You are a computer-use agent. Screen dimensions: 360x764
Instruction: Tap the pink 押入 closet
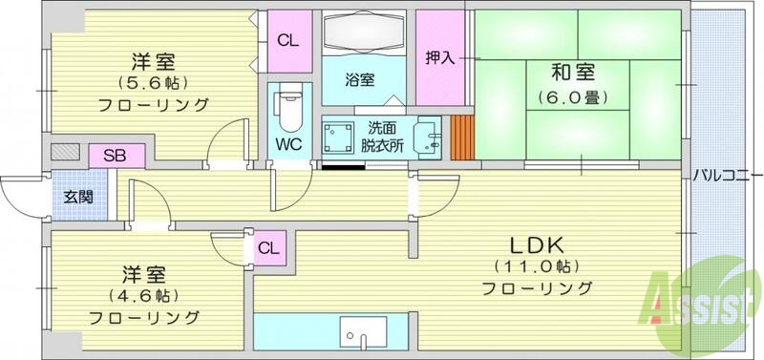click(440, 56)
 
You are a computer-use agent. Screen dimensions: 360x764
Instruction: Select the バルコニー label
click(727, 178)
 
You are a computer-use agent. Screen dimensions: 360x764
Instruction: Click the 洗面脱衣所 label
click(383, 137)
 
